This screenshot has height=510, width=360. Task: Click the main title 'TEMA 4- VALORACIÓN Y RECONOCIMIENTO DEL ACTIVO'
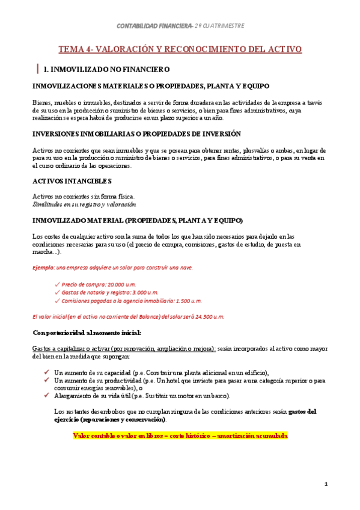[x=180, y=49]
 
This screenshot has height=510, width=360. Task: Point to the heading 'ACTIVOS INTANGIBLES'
[x=72, y=180]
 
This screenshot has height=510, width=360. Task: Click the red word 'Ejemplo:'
[x=44, y=268]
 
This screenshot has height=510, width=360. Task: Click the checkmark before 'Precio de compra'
[x=56, y=284]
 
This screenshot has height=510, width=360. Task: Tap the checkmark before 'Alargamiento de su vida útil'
[x=47, y=395]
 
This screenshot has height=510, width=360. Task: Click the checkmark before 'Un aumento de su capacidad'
[x=47, y=372]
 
